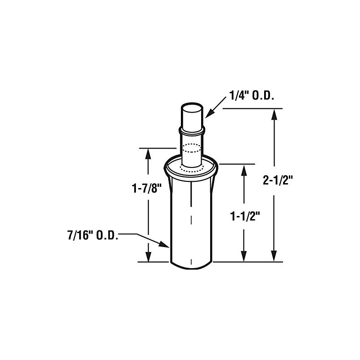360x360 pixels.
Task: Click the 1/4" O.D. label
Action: coord(247,96)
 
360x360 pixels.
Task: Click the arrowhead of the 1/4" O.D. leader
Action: coord(207,117)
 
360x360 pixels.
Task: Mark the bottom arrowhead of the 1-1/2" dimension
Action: coord(244,257)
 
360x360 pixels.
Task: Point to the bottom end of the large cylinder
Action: coord(191,265)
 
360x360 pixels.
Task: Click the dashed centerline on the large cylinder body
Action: coord(191,220)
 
